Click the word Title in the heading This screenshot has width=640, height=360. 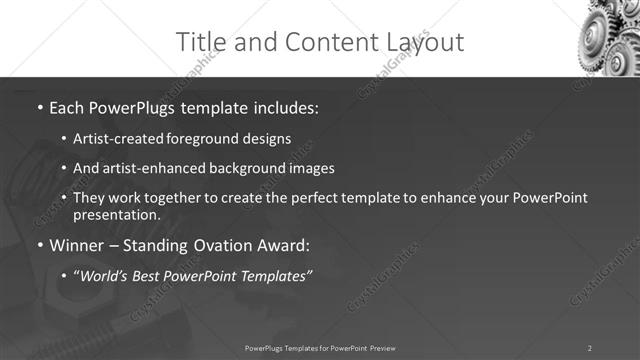point(199,42)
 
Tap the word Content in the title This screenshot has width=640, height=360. point(320,42)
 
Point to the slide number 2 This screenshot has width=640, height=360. point(590,348)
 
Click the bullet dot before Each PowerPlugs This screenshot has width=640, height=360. point(40,107)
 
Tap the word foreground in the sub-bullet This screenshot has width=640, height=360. point(212,139)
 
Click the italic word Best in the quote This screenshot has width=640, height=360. point(160,276)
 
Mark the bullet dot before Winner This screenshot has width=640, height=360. point(40,245)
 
